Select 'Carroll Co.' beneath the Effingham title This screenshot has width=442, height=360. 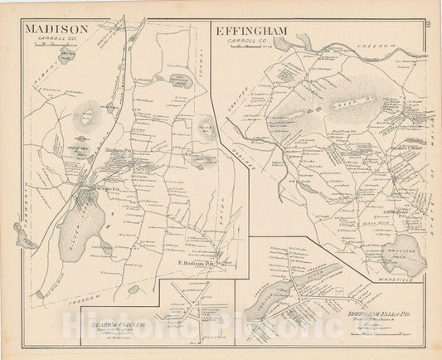coord(254,40)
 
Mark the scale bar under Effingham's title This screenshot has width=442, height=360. coord(252,46)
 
